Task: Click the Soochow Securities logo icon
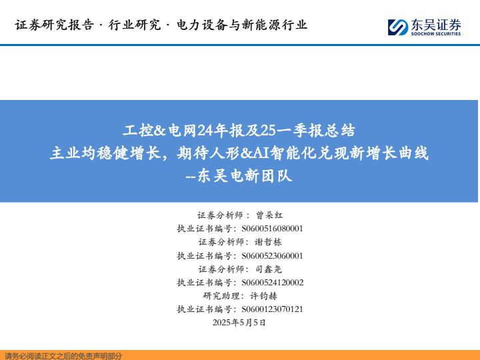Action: (x=397, y=27)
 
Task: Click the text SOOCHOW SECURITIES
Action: (x=435, y=34)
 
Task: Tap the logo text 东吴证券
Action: (x=435, y=25)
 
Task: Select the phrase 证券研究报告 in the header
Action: (x=55, y=25)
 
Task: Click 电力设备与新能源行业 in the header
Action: (x=242, y=25)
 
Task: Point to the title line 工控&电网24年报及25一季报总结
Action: (x=239, y=131)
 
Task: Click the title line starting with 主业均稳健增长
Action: (x=239, y=153)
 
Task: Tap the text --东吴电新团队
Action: (x=239, y=176)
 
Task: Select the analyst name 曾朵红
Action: (x=269, y=215)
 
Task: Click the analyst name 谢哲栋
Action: (x=268, y=242)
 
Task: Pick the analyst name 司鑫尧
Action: (x=268, y=269)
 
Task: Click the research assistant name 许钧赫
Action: (x=263, y=296)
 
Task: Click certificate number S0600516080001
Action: (x=272, y=229)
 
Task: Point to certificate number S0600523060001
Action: (x=272, y=255)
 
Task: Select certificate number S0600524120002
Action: (x=273, y=283)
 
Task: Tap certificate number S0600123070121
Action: (x=272, y=309)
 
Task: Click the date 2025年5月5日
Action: (x=239, y=323)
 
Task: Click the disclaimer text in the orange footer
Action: (x=64, y=356)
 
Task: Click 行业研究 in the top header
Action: (x=135, y=25)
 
